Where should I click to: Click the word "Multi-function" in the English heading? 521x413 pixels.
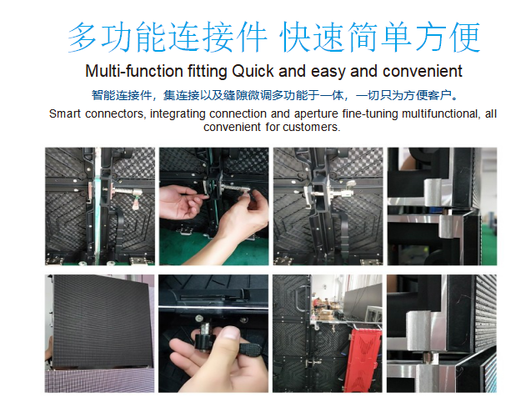[x=134, y=71]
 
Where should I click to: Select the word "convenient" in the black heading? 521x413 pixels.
[x=422, y=71]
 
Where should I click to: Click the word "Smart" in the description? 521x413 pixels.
[x=65, y=113]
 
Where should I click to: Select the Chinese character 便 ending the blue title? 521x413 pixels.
[x=464, y=37]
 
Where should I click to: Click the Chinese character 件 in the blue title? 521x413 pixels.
[x=251, y=37]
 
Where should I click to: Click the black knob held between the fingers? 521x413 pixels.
[x=203, y=341]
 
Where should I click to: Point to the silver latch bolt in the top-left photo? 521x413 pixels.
[x=123, y=191]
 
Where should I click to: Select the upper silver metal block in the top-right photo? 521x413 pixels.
[x=433, y=188]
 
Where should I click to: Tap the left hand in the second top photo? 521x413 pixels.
[x=181, y=202]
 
